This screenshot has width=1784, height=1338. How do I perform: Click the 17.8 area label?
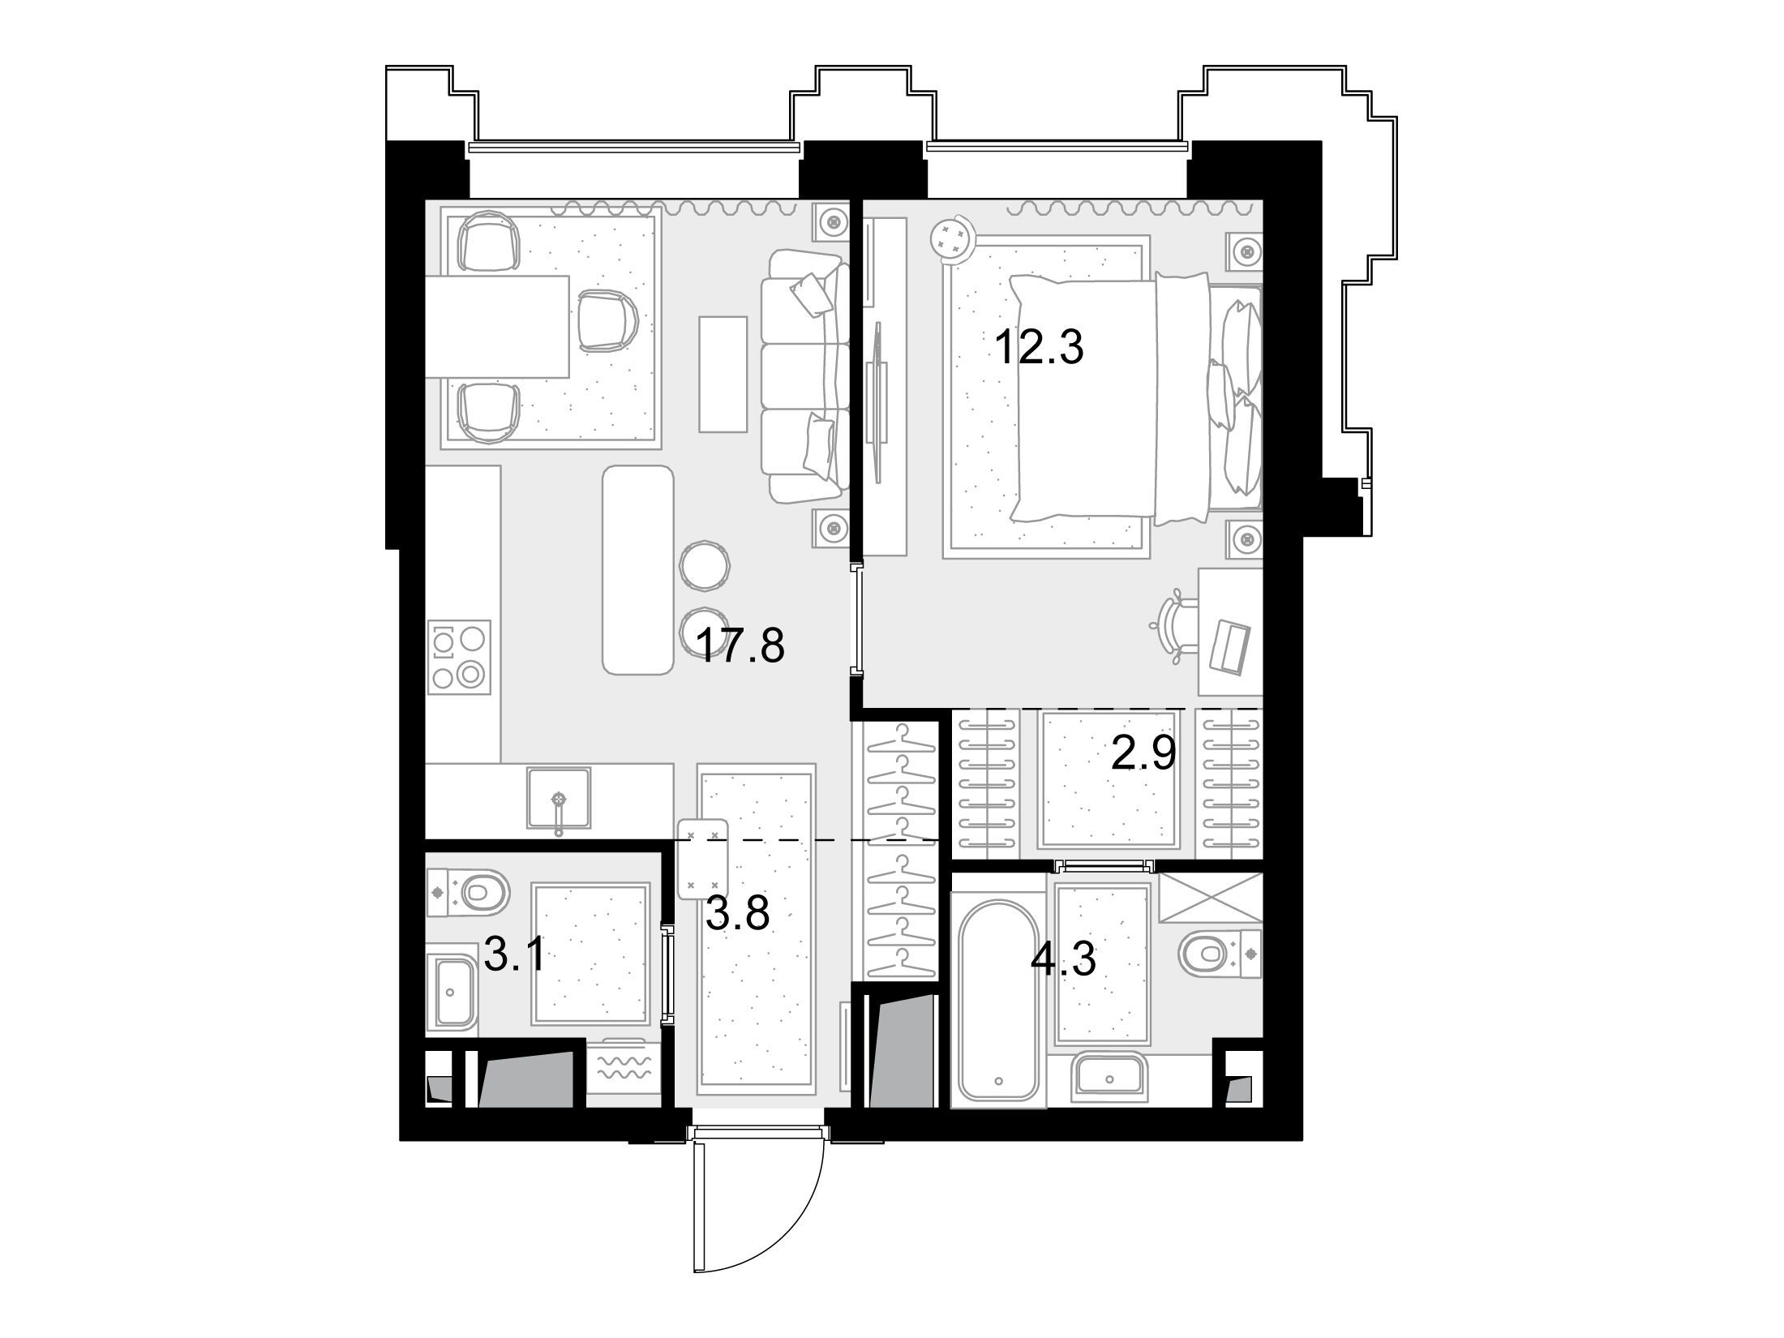[x=740, y=646]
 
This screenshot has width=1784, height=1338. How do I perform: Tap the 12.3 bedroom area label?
[x=1039, y=348]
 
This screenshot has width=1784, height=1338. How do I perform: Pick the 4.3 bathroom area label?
[x=1063, y=960]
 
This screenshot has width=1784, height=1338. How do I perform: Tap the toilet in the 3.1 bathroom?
[x=469, y=893]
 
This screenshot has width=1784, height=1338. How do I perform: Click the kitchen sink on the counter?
[x=558, y=798]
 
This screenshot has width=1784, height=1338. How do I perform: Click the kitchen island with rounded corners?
[x=638, y=570]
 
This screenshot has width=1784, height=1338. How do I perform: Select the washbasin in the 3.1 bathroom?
[x=453, y=992]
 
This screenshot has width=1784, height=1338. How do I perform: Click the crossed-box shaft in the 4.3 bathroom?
[x=1211, y=898]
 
